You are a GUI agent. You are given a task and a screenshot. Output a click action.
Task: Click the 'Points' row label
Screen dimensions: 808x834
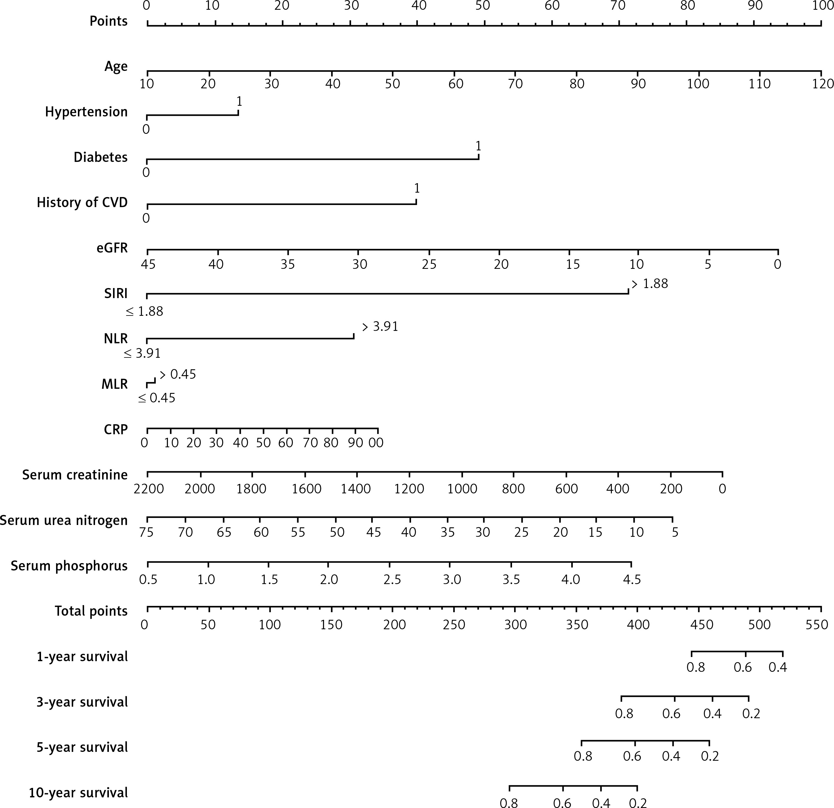point(109,21)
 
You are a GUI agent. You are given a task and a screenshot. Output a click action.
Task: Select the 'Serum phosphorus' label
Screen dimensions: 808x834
point(69,566)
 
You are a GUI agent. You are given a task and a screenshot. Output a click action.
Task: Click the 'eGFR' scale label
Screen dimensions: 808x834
point(112,248)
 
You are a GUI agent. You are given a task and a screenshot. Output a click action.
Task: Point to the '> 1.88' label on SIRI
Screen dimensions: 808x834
point(650,284)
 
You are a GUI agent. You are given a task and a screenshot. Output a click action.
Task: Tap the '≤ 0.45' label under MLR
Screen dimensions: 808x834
point(157,398)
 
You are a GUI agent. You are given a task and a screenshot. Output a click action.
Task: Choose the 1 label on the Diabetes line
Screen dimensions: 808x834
point(478,146)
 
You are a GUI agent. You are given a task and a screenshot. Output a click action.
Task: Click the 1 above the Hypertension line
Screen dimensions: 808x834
point(239,101)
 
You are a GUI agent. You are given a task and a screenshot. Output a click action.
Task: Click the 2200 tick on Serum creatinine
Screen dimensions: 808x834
point(148,489)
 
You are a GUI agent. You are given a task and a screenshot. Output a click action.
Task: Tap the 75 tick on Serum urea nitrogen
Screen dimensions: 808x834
point(146,532)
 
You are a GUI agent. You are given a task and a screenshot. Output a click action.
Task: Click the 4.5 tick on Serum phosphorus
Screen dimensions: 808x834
point(632,579)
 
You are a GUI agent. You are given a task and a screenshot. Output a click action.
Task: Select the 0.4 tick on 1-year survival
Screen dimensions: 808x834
point(778,667)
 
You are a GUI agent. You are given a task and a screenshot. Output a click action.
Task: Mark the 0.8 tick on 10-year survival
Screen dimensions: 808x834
point(509,802)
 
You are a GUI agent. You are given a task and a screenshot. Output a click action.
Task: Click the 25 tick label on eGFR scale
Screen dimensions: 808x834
point(429,264)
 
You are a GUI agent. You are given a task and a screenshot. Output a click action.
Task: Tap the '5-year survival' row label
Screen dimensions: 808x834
point(82,747)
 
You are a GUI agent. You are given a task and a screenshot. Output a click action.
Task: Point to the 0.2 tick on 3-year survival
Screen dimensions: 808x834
point(751,713)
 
